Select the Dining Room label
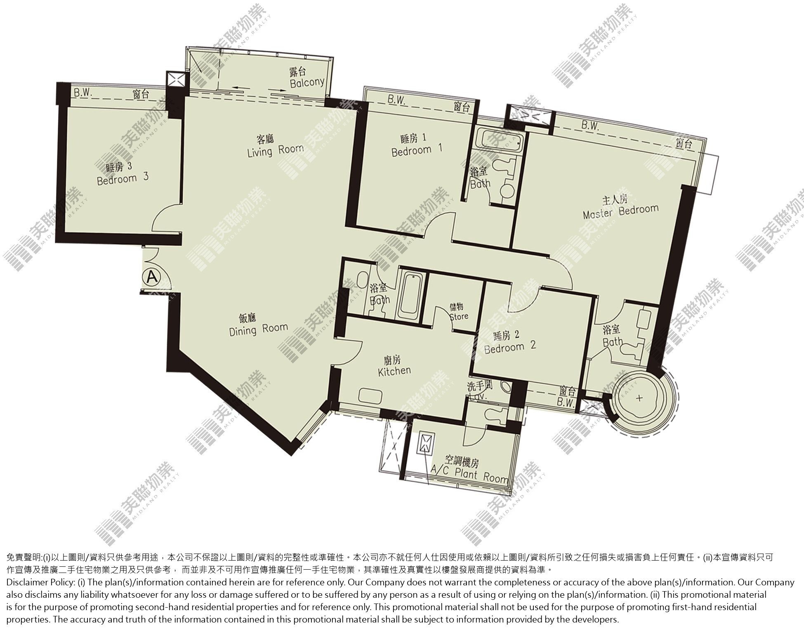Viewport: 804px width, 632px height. [x=258, y=324]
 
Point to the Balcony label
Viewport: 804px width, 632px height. [x=307, y=78]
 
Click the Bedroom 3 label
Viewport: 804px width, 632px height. [x=123, y=174]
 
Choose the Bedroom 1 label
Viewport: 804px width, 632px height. [x=416, y=145]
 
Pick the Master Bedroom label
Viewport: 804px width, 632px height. [x=620, y=207]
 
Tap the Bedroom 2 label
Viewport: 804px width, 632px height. [x=510, y=341]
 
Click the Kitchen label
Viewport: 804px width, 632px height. [x=394, y=365]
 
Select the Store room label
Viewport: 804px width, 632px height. [x=458, y=312]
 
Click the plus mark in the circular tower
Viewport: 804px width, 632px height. [x=639, y=398]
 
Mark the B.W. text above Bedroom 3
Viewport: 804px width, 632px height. [x=82, y=93]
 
